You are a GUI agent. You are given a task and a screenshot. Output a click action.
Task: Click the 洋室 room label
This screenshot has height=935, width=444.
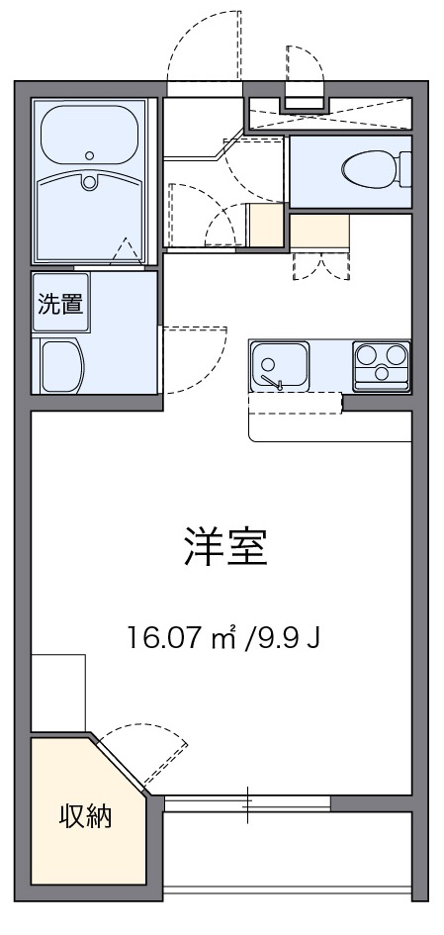point(224,547)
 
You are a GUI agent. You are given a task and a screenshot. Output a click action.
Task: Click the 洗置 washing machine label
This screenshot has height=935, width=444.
point(60,304)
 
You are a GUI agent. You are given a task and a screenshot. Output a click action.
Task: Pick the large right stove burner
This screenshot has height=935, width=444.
point(396,354)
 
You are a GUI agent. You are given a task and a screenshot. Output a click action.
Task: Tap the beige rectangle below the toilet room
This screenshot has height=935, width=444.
point(319,232)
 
